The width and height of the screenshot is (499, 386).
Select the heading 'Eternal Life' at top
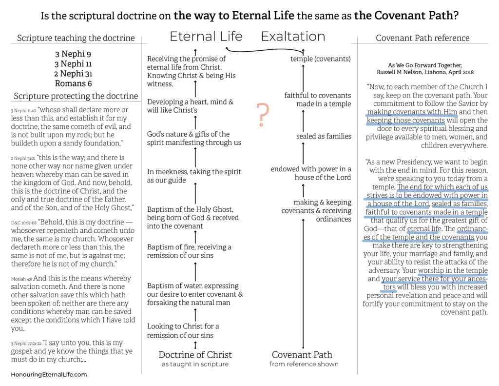[x=206, y=37]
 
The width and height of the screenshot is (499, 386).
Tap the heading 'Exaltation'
[x=293, y=37]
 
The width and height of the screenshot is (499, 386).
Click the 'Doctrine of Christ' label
[x=195, y=355]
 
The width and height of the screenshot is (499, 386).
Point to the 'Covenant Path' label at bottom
[x=302, y=355]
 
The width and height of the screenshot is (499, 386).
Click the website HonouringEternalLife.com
[x=49, y=374]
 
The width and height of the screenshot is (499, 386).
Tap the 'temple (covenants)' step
[x=321, y=59]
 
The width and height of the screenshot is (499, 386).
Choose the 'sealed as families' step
[x=324, y=136]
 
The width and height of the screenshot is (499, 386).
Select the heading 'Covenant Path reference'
[x=422, y=38]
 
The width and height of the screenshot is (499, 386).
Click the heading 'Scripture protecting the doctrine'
[x=76, y=96]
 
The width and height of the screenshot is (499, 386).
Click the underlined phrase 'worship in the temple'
[x=453, y=271]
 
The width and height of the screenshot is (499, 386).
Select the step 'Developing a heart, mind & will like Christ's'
[x=190, y=106]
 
